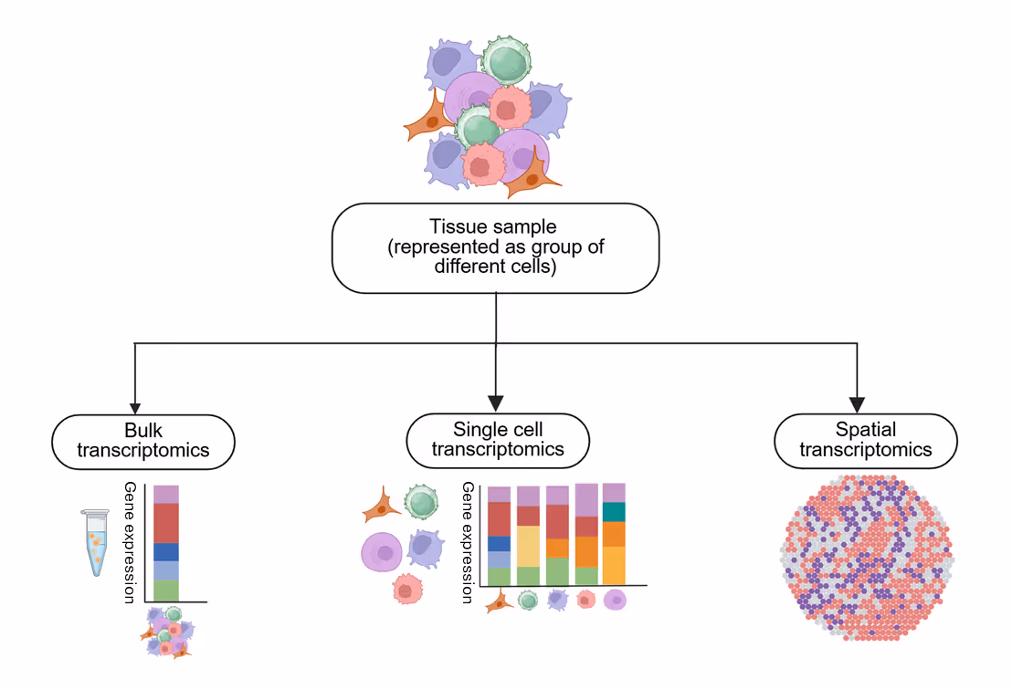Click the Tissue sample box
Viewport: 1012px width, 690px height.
[495, 247]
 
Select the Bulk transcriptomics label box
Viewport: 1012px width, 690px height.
[143, 442]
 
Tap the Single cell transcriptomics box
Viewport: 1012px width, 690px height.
[497, 440]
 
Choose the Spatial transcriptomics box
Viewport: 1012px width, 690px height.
[865, 440]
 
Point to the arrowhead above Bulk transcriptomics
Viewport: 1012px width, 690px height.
[135, 407]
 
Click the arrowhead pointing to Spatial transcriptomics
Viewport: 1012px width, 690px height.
[857, 403]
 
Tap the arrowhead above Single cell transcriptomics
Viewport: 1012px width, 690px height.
[496, 402]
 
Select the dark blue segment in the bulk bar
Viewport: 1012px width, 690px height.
[165, 552]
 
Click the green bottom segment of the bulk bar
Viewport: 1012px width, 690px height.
[165, 590]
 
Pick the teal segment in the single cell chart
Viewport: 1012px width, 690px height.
[614, 512]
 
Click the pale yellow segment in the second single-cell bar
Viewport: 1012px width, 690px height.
[528, 546]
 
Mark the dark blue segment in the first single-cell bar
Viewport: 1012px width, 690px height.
[499, 543]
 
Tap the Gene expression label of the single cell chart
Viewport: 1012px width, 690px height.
[467, 542]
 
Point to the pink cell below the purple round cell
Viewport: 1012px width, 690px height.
[406, 590]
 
